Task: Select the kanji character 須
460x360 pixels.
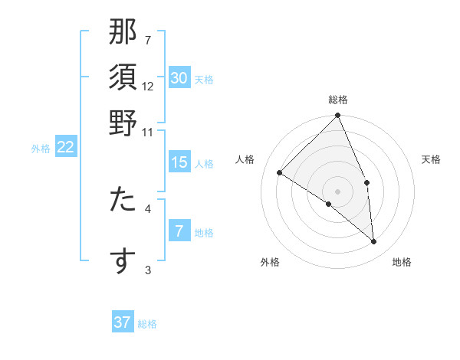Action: click(x=123, y=78)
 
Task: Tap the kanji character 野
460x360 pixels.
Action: click(x=123, y=123)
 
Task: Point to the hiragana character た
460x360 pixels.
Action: click(x=123, y=201)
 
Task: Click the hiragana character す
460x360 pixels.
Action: click(x=123, y=260)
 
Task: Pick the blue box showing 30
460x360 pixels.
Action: click(x=179, y=78)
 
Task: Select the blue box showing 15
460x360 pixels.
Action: click(x=179, y=162)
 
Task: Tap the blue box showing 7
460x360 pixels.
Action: click(x=179, y=231)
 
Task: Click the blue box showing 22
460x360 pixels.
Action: click(x=65, y=147)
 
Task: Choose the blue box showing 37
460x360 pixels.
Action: click(x=123, y=322)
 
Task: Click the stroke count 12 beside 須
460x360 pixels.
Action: click(x=148, y=86)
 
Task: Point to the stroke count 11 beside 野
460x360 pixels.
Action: click(x=148, y=131)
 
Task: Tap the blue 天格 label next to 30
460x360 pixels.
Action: click(x=204, y=80)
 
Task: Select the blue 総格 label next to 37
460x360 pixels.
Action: click(x=147, y=324)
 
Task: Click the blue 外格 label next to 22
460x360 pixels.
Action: click(x=41, y=149)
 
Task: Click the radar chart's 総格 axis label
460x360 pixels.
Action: click(x=338, y=100)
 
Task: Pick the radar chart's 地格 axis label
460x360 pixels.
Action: click(x=402, y=263)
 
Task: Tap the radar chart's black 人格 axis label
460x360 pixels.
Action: click(x=245, y=159)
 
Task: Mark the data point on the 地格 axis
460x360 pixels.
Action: click(x=374, y=241)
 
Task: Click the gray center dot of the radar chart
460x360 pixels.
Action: click(x=338, y=191)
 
